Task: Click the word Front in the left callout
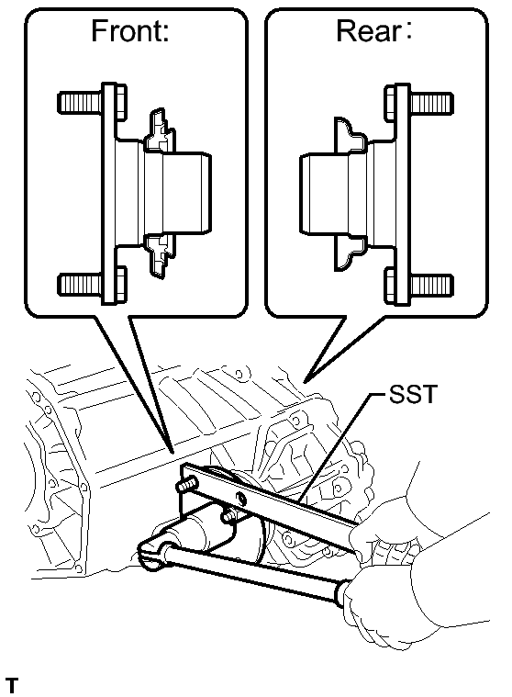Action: click(126, 30)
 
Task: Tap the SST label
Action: click(413, 394)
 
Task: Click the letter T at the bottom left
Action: click(12, 685)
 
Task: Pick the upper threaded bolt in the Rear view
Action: click(418, 103)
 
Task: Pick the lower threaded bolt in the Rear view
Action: click(418, 284)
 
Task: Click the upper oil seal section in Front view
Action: click(160, 130)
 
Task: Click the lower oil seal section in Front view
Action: click(160, 255)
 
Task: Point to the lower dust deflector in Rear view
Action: click(350, 253)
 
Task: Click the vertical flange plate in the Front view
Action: click(109, 194)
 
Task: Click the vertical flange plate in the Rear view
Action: click(402, 195)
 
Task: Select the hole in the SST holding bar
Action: click(240, 497)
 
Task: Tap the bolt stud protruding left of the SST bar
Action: click(186, 484)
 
